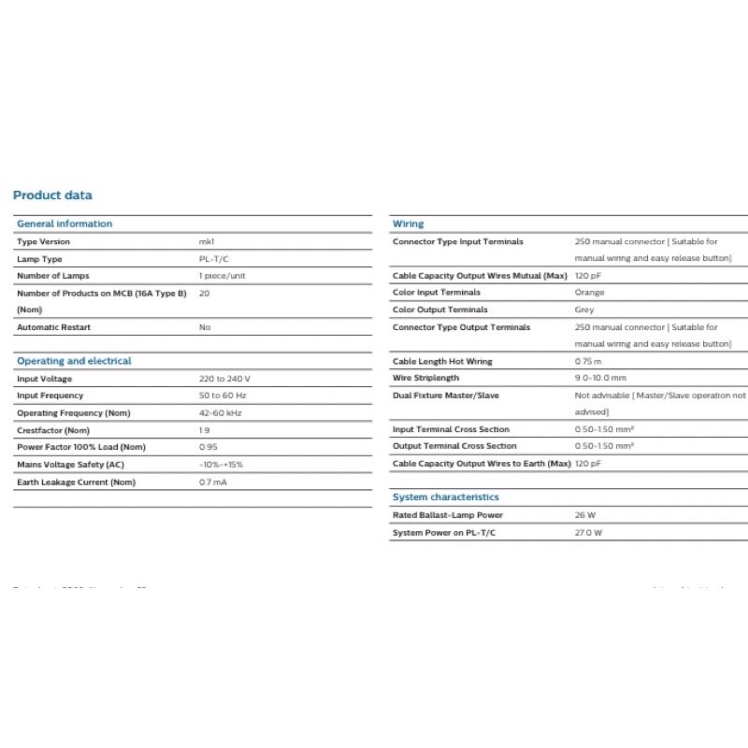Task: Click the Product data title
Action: [52, 195]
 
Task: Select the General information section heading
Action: [65, 223]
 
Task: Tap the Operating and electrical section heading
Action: [74, 361]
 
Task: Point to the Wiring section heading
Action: [408, 223]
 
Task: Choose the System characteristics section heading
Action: [446, 497]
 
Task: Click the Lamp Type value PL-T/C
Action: [214, 259]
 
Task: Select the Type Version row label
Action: [43, 242]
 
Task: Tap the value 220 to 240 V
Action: [224, 379]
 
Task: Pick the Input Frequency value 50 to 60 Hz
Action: [223, 396]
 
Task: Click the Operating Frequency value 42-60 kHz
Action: [221, 413]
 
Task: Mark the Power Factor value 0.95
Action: [208, 447]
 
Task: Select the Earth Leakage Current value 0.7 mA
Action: [213, 482]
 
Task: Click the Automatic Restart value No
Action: [205, 327]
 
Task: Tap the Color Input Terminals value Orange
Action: [589, 293]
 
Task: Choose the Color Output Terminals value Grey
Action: [584, 309]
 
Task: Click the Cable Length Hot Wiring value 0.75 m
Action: [588, 361]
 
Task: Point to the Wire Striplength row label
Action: [426, 378]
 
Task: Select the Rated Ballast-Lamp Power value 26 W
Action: [585, 515]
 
